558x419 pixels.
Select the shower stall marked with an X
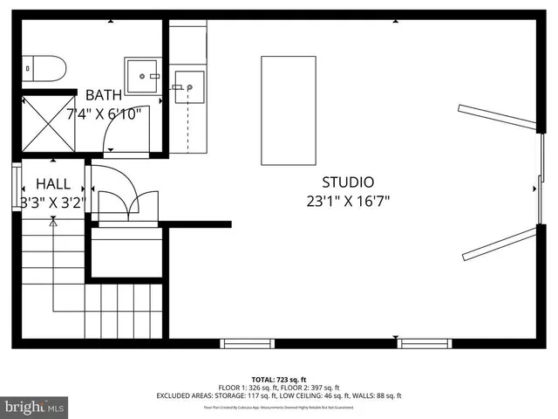click(48, 123)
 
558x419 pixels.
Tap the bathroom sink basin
click(143, 76)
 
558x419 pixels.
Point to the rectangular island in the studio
click(288, 110)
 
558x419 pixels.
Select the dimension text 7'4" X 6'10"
click(110, 113)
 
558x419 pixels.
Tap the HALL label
click(52, 184)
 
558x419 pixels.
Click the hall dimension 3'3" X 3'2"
click(52, 203)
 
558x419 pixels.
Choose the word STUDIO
click(348, 182)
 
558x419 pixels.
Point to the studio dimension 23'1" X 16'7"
click(348, 201)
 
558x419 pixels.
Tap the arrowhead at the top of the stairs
click(53, 223)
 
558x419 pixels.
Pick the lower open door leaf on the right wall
click(498, 244)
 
